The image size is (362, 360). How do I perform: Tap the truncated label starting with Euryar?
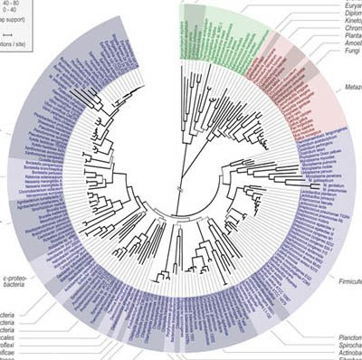(x=348, y=4)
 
